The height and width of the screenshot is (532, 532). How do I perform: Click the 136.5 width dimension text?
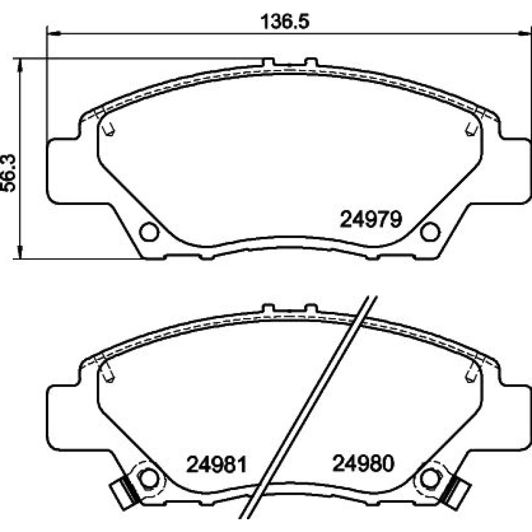tap(285, 22)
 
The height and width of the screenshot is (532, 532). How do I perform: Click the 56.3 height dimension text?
tap(9, 173)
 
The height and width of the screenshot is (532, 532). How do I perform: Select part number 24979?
tap(371, 219)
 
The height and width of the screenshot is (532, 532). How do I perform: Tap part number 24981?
tap(217, 464)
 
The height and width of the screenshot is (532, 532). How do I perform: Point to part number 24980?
tap(363, 463)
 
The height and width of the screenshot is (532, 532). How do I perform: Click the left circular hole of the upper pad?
tap(149, 232)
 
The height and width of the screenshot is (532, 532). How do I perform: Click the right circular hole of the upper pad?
tap(430, 232)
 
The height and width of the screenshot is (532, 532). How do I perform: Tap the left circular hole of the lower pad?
tap(149, 479)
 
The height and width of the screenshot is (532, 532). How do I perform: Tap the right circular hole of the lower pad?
tap(430, 479)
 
